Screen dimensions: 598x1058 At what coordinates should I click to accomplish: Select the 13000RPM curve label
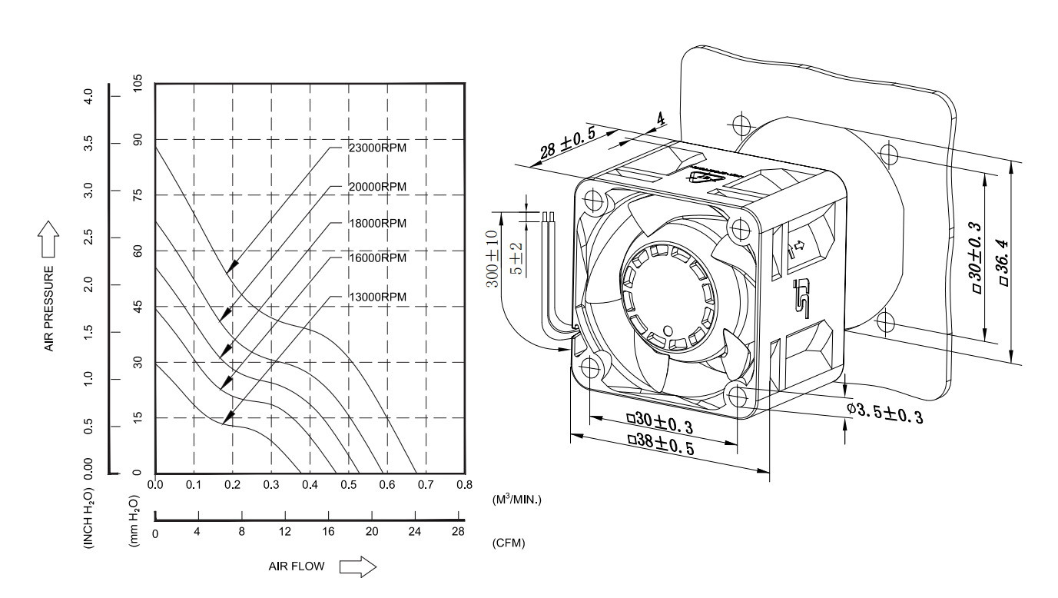point(376,297)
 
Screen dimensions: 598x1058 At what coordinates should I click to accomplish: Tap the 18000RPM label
point(376,223)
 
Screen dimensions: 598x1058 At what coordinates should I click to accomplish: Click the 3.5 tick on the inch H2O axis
point(88,144)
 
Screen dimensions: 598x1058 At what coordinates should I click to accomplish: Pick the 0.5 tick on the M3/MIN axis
point(349,485)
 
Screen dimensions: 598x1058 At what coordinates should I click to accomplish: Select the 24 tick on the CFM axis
point(416,532)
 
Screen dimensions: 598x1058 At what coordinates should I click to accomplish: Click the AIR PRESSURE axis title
point(48,308)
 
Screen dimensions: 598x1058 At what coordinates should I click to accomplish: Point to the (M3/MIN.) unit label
point(516,500)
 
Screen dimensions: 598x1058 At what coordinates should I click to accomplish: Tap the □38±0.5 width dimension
point(662,445)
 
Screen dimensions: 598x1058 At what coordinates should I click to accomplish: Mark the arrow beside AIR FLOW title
point(358,567)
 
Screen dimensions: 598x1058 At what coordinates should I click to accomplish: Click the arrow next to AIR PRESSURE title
point(48,238)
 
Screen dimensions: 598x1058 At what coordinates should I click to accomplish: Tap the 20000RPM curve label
point(376,187)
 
